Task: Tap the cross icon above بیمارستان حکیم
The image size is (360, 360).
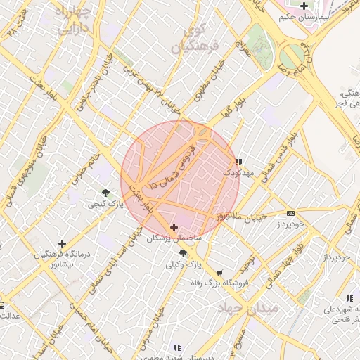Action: (x=303, y=6)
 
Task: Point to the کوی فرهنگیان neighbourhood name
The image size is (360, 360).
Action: (x=200, y=39)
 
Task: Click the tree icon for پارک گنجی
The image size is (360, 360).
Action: (x=105, y=192)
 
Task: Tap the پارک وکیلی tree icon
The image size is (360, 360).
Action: (x=184, y=252)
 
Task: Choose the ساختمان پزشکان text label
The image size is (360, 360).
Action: (x=174, y=239)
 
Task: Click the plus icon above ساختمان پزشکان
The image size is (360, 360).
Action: (x=174, y=227)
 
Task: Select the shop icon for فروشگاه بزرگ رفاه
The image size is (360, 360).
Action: (x=219, y=272)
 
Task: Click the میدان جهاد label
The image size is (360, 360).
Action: (x=248, y=308)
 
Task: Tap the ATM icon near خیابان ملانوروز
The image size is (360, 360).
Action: (x=290, y=213)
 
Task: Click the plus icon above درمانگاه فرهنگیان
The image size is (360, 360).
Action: (x=63, y=243)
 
